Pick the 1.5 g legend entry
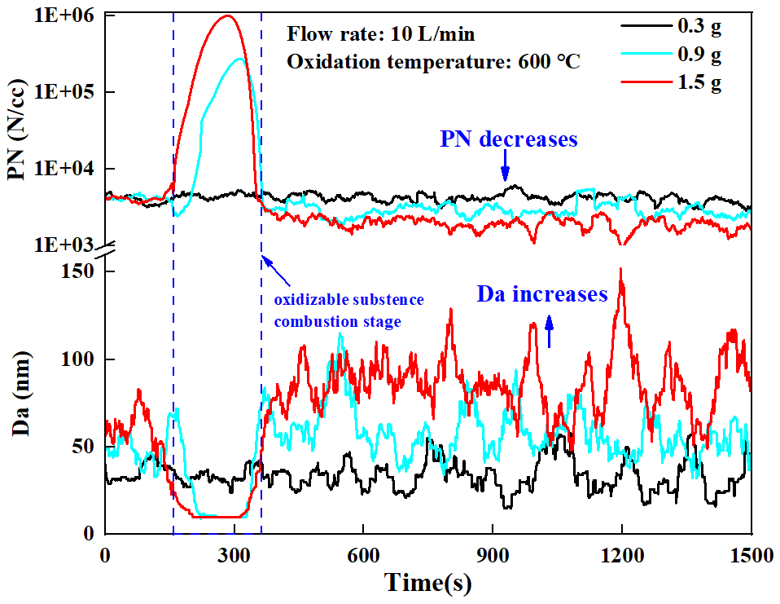coord(699,82)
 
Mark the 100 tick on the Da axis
coord(77,359)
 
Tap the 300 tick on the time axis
coord(234,554)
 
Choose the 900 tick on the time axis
coord(493,554)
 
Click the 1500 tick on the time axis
coord(750,554)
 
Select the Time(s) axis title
coord(428,583)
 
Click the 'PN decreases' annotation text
coord(509,139)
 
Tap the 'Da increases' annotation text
coord(542,294)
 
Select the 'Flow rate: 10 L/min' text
coord(379,35)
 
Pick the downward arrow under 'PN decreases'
coord(505,170)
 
